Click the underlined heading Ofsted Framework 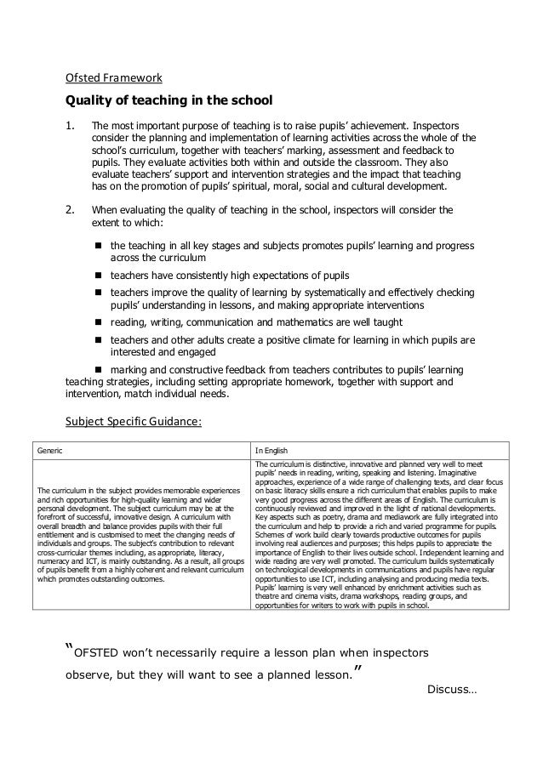(114, 79)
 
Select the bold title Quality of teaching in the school (169, 102)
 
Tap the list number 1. (71, 126)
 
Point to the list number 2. (71, 207)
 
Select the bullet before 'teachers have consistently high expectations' (98, 276)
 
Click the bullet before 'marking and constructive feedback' (98, 370)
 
